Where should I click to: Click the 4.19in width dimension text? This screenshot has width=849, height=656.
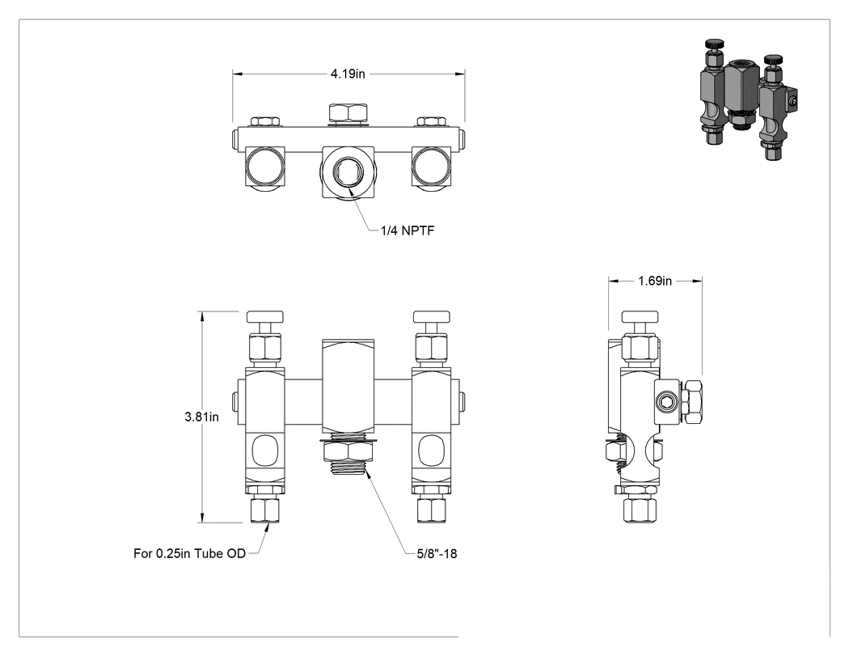[348, 74]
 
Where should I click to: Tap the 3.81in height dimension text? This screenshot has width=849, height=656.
[201, 417]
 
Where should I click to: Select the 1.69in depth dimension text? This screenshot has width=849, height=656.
[655, 281]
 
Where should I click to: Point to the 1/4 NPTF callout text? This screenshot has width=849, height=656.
[408, 231]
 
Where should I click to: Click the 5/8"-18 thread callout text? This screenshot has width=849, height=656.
[437, 553]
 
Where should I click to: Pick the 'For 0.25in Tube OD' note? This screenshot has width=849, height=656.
[189, 553]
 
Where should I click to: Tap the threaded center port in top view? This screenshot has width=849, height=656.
[347, 171]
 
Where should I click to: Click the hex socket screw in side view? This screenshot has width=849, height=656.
[665, 402]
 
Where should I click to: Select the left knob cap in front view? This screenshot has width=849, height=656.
[264, 316]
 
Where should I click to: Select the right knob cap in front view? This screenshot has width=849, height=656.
[431, 316]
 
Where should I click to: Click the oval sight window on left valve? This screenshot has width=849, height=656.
[264, 450]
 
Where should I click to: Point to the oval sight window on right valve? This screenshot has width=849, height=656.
[431, 450]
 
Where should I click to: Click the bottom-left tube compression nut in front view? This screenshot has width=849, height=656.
[264, 510]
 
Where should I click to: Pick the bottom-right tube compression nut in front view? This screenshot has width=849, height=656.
[431, 510]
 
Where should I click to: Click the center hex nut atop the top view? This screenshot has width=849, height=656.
[348, 112]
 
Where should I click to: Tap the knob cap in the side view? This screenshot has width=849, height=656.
[640, 316]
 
